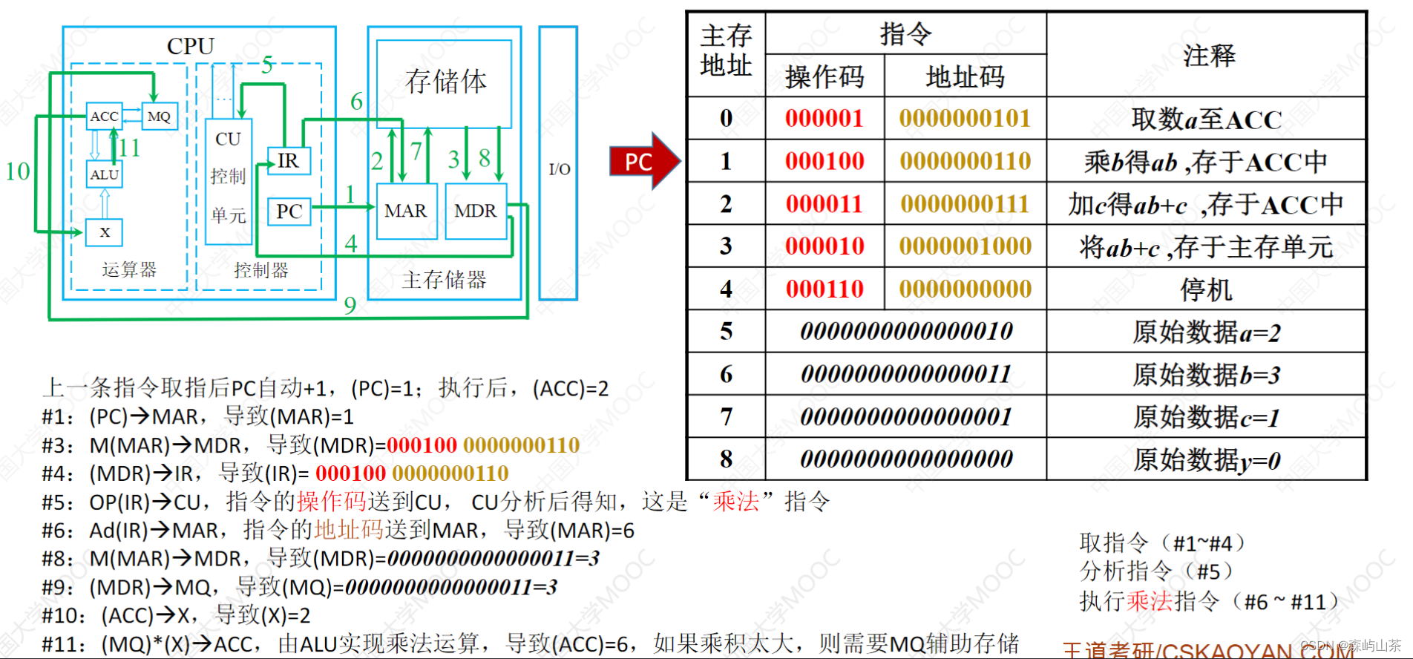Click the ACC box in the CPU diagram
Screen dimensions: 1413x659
[x=104, y=117]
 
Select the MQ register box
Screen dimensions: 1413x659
[x=159, y=117]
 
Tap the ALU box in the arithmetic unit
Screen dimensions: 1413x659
[x=104, y=175]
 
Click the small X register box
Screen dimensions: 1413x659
[x=105, y=232]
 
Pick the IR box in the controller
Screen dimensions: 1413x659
[x=288, y=161]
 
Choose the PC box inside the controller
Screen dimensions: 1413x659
[x=289, y=212]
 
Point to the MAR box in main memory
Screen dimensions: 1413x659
[x=405, y=212]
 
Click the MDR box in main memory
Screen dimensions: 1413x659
[x=475, y=212]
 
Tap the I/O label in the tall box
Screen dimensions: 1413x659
[x=559, y=169]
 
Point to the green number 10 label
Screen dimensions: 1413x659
[x=18, y=171]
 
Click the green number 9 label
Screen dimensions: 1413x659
[x=350, y=305]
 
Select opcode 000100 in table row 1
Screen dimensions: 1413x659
[x=824, y=161]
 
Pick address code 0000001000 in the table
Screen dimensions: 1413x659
[x=965, y=246]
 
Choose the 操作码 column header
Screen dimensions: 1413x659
[x=824, y=76]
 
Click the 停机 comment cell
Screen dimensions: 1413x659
[x=1206, y=289]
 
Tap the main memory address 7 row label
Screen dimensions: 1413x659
[x=726, y=417]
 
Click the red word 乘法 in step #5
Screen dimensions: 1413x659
[x=735, y=502]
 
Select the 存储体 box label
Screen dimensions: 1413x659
[x=445, y=82]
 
